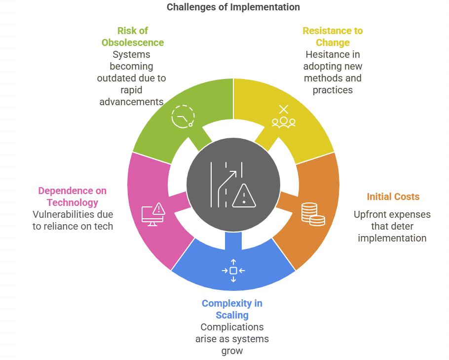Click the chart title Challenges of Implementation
coord(233,7)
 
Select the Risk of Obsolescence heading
coord(133,37)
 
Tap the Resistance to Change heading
coord(333,37)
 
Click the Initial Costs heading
coord(393,197)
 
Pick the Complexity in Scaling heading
coord(232,309)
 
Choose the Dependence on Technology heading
coord(73,197)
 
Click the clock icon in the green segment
coord(183,117)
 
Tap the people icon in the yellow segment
coord(283,117)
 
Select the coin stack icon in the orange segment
coord(313,214)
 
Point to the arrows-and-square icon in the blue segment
coord(233,271)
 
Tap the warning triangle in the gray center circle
coord(244,195)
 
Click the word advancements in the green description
coord(132,102)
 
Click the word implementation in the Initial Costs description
coord(392,238)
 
